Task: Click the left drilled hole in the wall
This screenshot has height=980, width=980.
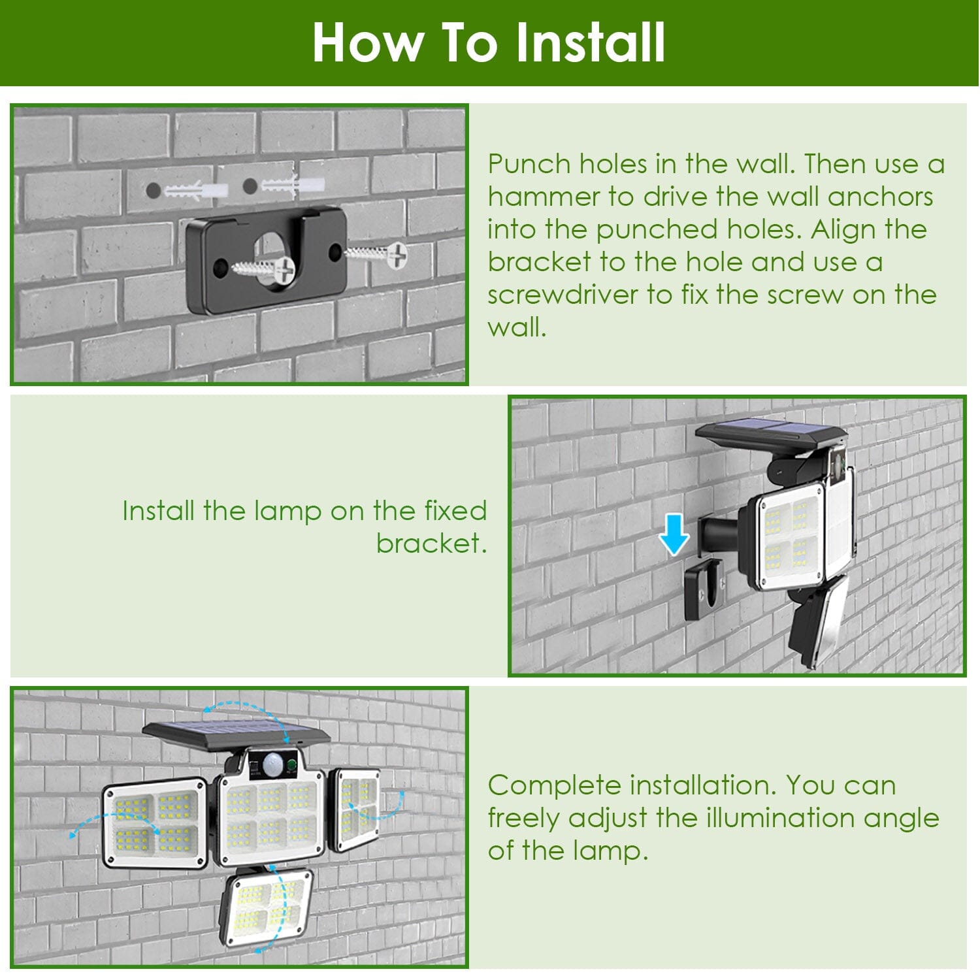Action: [154, 191]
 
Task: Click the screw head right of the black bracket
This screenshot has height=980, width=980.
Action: [396, 253]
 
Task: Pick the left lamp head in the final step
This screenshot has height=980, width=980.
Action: [155, 822]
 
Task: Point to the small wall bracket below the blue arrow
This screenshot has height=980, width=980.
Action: [704, 589]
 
